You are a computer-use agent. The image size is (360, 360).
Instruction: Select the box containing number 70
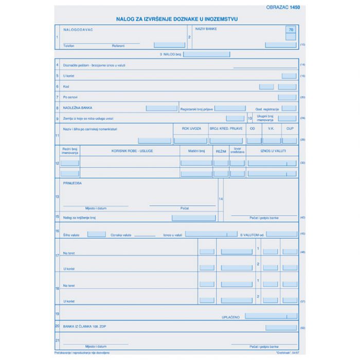coord(292,30)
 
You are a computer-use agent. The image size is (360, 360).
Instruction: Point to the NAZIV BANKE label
coord(206,29)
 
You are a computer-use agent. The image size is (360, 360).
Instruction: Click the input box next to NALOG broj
coord(206,53)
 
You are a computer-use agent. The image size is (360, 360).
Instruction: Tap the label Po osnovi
coord(70,97)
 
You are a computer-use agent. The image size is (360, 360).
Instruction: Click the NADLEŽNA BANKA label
coord(78,108)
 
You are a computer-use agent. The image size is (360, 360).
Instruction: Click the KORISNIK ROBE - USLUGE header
coord(132,151)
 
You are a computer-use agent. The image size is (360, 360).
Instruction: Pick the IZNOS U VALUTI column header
coord(273,151)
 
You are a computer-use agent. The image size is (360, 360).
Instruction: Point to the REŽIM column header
coord(221,151)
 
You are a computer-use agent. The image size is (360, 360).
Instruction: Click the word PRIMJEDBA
coord(73,183)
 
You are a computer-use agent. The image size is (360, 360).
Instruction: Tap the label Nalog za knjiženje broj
coord(80,218)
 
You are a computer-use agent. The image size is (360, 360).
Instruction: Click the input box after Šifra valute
coord(97,234)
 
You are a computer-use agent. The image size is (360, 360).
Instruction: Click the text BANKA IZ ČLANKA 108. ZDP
coord(85,327)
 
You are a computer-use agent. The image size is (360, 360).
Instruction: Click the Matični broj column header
coord(196,151)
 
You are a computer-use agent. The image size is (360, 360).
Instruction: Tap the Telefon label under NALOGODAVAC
coord(69,46)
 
